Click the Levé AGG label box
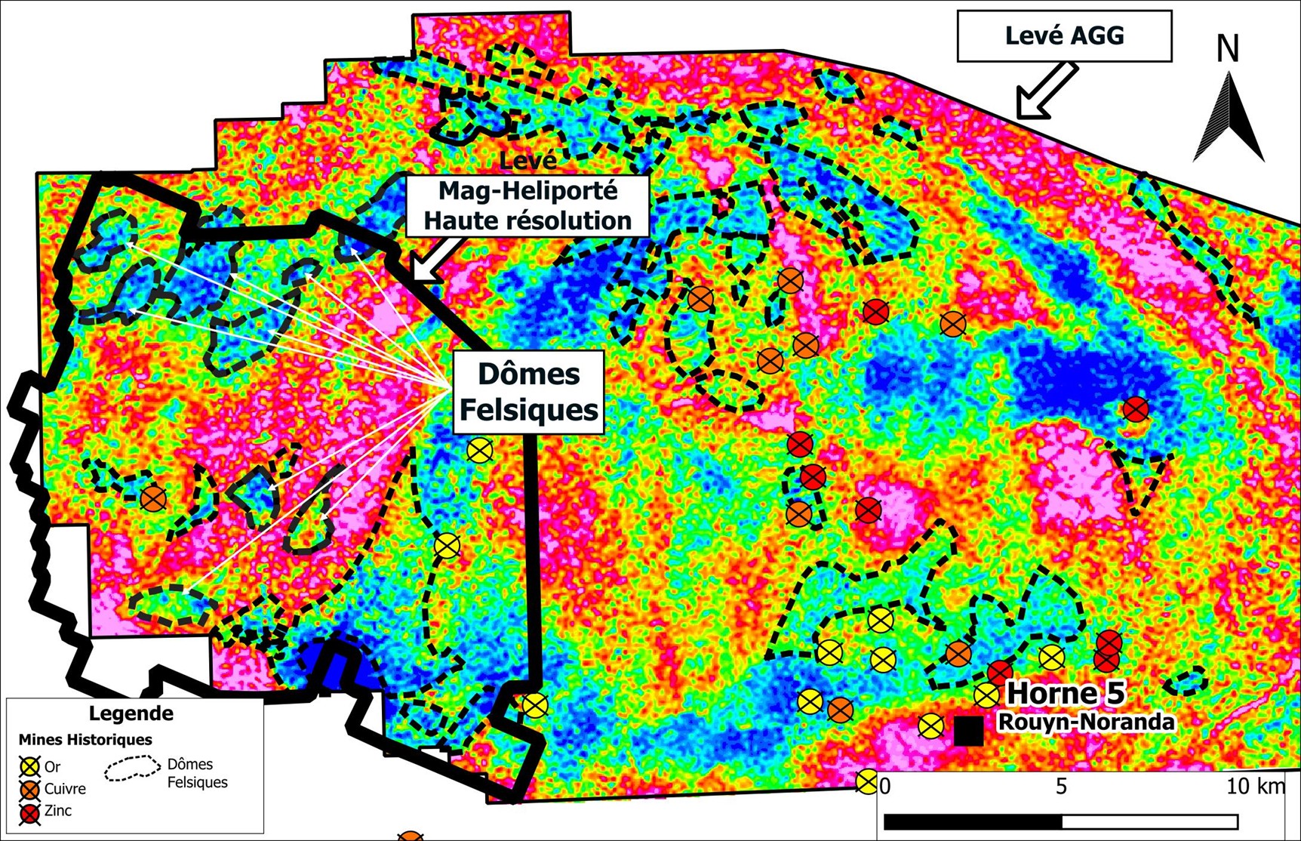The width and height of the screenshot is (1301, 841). coord(1064,35)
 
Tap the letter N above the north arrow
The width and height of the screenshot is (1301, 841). coord(1228,49)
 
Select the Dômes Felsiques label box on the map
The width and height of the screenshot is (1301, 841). coord(528,392)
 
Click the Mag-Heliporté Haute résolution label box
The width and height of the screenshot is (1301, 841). coord(527,206)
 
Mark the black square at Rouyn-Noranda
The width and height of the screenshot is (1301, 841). coord(969,731)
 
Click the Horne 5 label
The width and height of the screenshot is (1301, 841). coord(1066,693)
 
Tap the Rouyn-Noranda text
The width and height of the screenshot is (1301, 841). coord(1086,722)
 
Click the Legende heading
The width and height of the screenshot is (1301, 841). coord(131,713)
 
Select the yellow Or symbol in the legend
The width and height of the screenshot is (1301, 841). coord(29,767)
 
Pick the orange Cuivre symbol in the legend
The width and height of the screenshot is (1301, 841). coord(29,790)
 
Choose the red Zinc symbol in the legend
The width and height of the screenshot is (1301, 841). coord(29,812)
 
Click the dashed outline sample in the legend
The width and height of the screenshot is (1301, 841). coord(132,769)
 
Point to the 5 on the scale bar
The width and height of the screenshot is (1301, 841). coord(1061,787)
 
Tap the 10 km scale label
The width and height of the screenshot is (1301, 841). coord(1255,787)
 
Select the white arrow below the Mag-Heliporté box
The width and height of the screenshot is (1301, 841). coord(437,261)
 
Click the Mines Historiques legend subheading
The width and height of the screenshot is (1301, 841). coord(85,740)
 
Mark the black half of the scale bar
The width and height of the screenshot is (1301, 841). coord(973,821)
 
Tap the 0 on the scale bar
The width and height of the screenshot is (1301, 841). coord(885,787)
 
